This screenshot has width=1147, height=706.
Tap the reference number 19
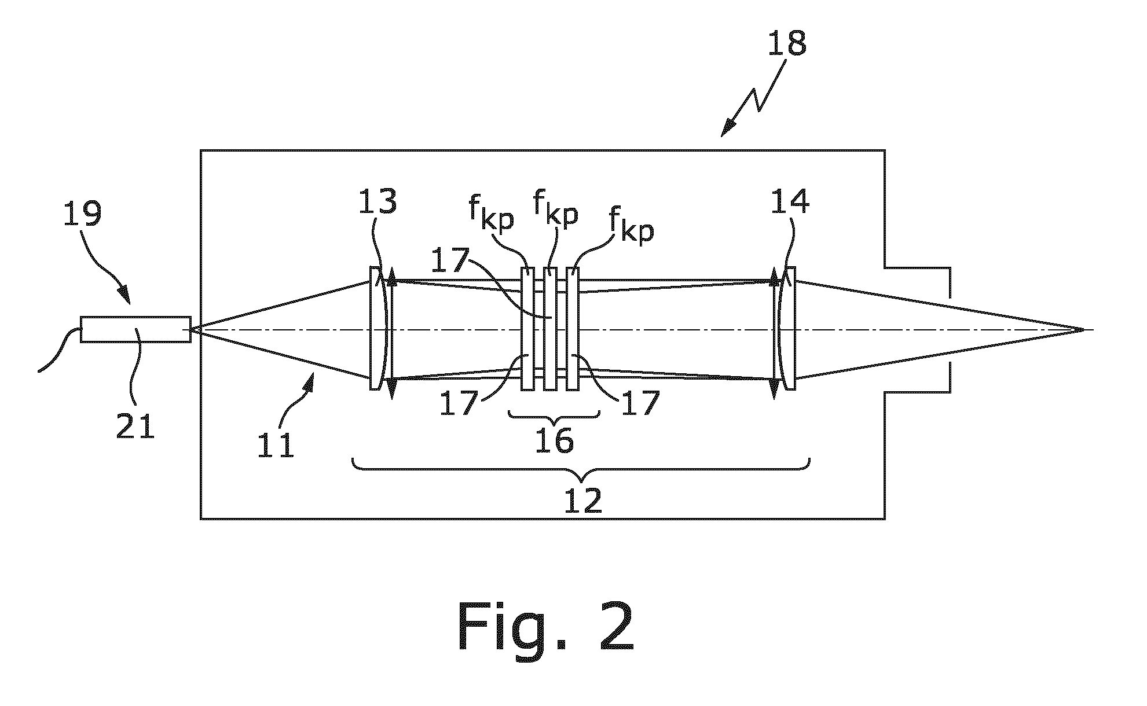pos(83,212)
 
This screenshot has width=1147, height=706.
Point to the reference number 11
pos(276,444)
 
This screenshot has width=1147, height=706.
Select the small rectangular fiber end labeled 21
pos(135,329)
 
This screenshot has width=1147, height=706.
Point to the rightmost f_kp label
pos(631,227)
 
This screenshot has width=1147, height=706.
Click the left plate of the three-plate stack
pos(527,329)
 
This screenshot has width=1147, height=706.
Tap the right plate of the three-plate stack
pos(573,329)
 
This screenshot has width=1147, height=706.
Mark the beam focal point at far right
pos(1083,330)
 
